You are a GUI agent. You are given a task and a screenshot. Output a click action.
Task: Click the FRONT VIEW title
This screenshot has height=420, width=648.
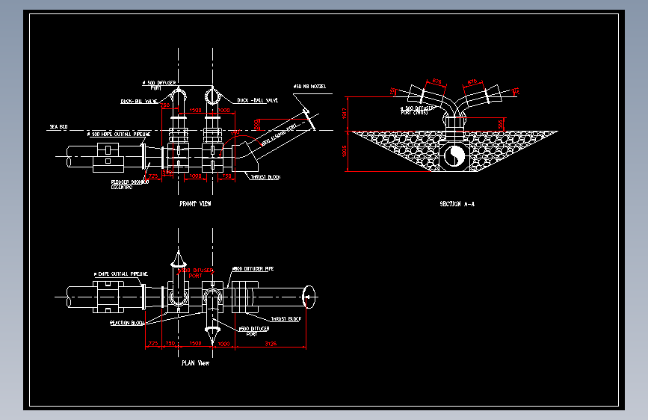195,203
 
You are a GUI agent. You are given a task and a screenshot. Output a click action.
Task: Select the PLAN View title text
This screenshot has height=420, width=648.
195,364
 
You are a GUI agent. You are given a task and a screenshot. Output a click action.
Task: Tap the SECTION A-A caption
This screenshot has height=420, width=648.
457,203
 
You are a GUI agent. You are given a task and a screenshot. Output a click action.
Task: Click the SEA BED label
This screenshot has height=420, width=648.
58,127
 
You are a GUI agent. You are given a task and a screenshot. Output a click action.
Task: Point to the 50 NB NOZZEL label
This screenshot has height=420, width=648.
310,87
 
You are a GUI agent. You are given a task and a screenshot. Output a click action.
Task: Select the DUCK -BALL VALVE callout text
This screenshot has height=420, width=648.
257,100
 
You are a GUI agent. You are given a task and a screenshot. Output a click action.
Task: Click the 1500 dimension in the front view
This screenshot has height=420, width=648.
195,111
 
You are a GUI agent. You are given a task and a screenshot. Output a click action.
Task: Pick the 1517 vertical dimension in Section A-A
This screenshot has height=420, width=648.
345,113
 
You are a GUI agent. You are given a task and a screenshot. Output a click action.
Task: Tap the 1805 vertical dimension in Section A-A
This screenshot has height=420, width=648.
345,151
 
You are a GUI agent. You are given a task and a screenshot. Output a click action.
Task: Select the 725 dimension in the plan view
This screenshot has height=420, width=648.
153,344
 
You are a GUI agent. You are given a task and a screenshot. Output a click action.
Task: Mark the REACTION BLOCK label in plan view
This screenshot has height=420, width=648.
126,323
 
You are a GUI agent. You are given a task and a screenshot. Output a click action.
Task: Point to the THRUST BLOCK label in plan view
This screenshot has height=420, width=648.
286,319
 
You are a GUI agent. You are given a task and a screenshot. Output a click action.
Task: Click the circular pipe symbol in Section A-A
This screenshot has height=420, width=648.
454,155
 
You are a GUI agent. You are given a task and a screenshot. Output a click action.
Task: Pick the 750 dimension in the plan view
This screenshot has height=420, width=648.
170,344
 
